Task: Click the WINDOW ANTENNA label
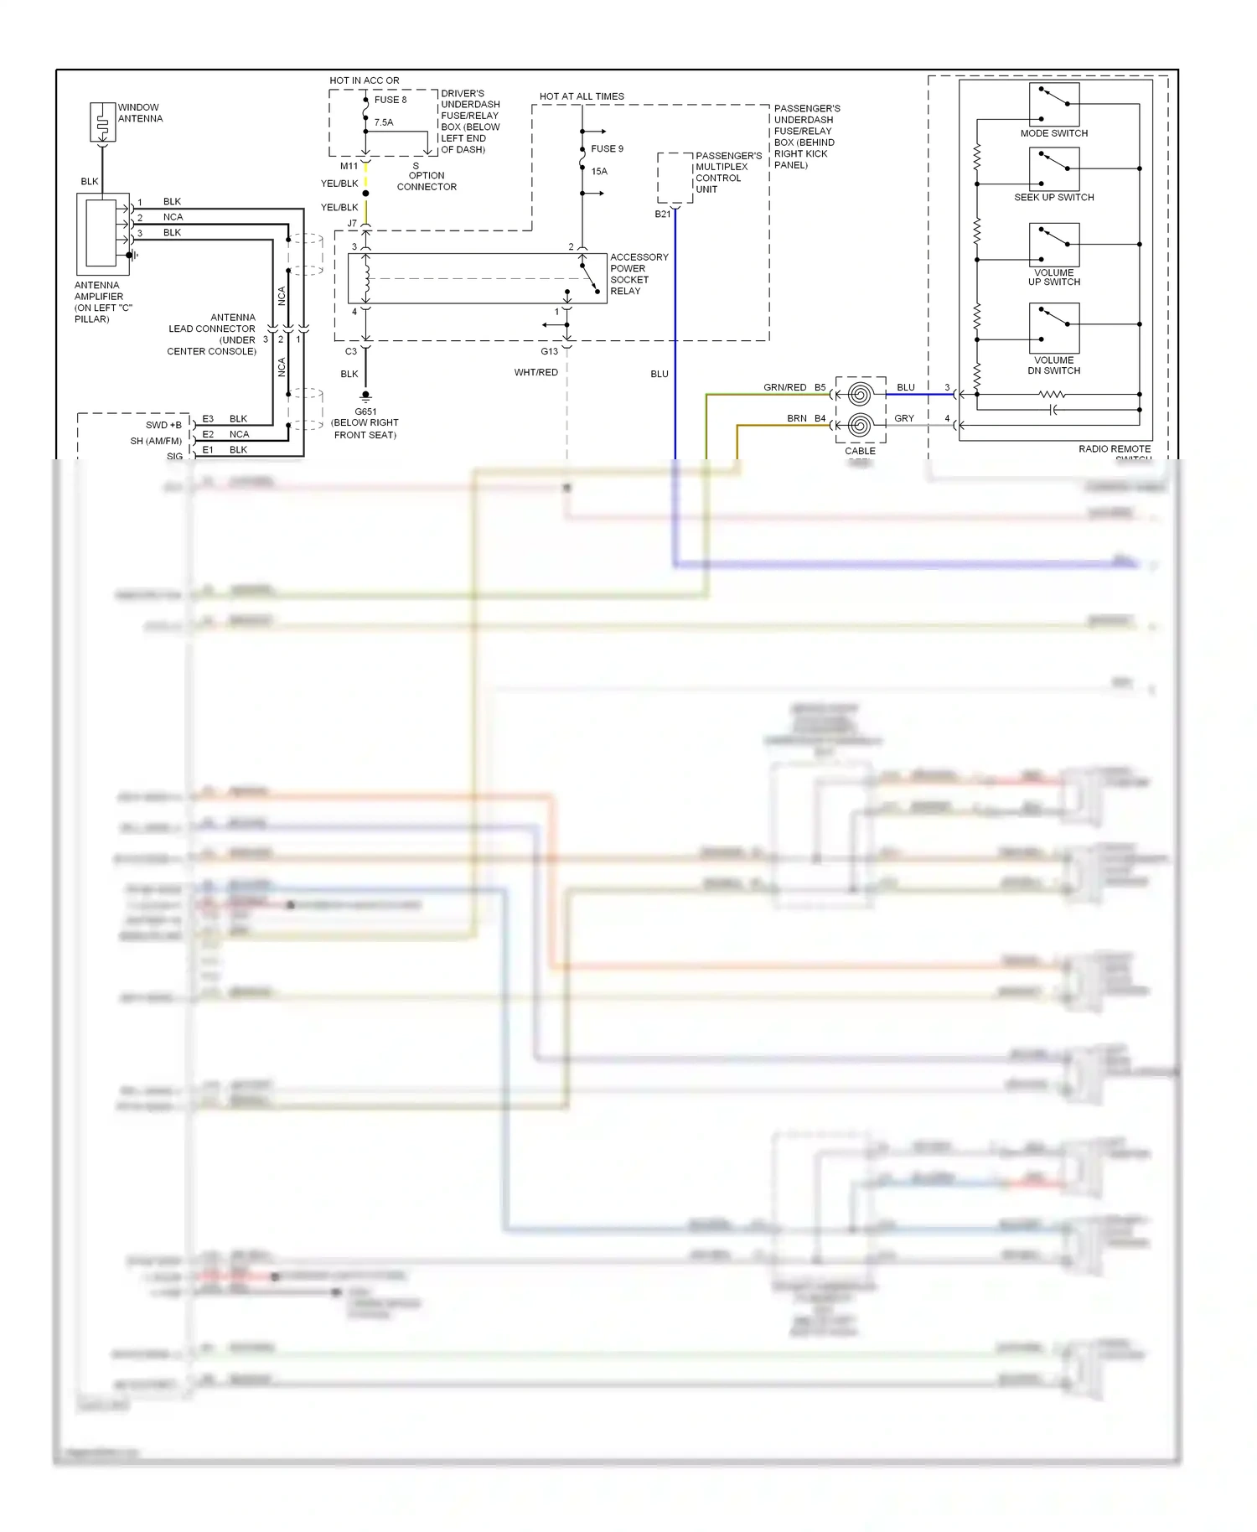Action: click(140, 113)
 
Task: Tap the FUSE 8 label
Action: click(390, 100)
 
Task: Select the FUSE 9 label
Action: click(607, 149)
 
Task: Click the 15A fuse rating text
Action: click(599, 172)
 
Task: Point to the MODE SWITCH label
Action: click(1053, 134)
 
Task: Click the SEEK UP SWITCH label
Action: click(1053, 198)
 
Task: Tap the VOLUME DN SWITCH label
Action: click(1053, 365)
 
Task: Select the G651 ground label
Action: click(365, 412)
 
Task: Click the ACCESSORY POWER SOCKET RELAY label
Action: click(639, 274)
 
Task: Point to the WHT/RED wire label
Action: click(535, 373)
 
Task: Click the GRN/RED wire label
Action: click(784, 388)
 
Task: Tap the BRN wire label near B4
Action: click(796, 418)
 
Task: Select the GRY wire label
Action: click(904, 418)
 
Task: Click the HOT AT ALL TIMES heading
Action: click(582, 97)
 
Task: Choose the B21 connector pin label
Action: click(662, 215)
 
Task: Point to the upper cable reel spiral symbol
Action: click(859, 394)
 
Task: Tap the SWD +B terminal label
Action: click(163, 426)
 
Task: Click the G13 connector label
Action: click(549, 352)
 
